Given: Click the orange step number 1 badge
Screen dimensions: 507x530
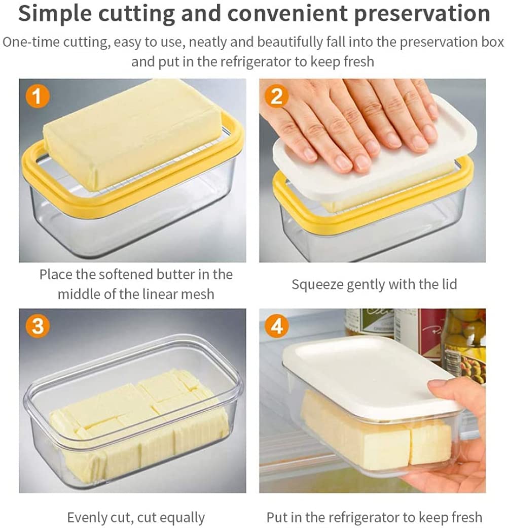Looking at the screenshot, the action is coord(38,96).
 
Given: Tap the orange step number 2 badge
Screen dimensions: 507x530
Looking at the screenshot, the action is coord(277,96).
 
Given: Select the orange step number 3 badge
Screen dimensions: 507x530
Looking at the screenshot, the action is coord(38,326).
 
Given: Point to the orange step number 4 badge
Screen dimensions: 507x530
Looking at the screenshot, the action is coord(277,326).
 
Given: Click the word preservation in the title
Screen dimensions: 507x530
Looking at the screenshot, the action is coord(422,14).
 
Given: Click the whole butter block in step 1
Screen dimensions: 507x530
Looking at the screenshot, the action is coord(133,134).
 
